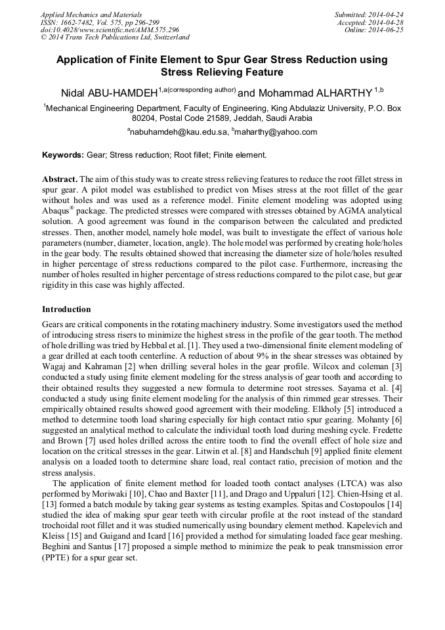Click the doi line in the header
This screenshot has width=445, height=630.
click(x=110, y=30)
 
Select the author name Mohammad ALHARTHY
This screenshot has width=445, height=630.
click(x=314, y=94)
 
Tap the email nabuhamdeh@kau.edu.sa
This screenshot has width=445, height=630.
click(x=179, y=132)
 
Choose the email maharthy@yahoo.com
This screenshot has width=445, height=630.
click(x=275, y=132)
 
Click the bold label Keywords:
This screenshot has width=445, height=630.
click(x=63, y=155)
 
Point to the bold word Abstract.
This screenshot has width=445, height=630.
click(x=60, y=179)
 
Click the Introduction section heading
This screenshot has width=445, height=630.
click(x=66, y=309)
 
